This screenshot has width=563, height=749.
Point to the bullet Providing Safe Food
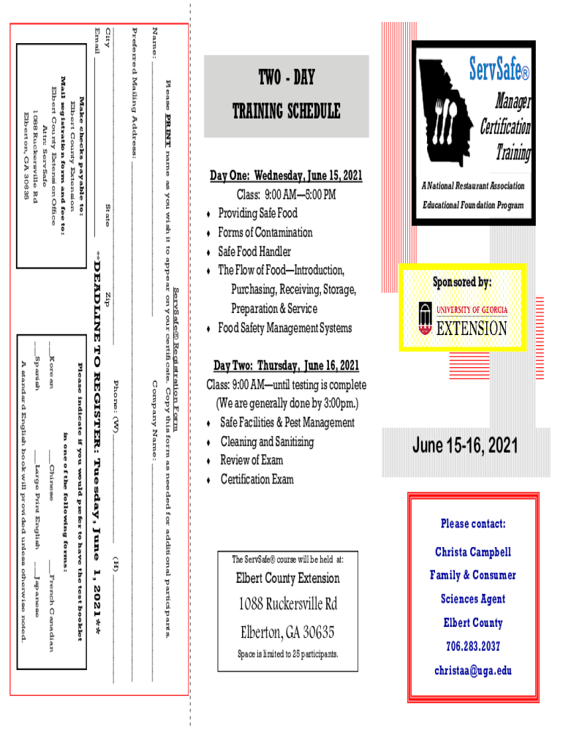point(257,214)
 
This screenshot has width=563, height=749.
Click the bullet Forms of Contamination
point(265,233)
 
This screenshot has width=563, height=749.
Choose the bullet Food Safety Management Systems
point(284,328)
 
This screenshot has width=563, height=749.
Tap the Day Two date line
point(286,366)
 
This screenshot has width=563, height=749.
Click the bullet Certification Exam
point(257,479)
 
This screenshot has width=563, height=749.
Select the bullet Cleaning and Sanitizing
point(267,442)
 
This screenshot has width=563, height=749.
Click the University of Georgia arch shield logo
point(425,318)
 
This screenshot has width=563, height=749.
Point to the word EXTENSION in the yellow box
point(471,328)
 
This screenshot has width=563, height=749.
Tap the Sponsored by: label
point(461,282)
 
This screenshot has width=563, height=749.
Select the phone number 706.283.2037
point(473,647)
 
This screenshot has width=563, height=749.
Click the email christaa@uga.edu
point(473,670)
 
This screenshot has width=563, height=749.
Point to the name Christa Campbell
point(473,552)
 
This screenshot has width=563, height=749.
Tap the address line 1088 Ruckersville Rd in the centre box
point(286,605)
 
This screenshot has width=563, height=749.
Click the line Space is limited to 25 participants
point(286,653)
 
